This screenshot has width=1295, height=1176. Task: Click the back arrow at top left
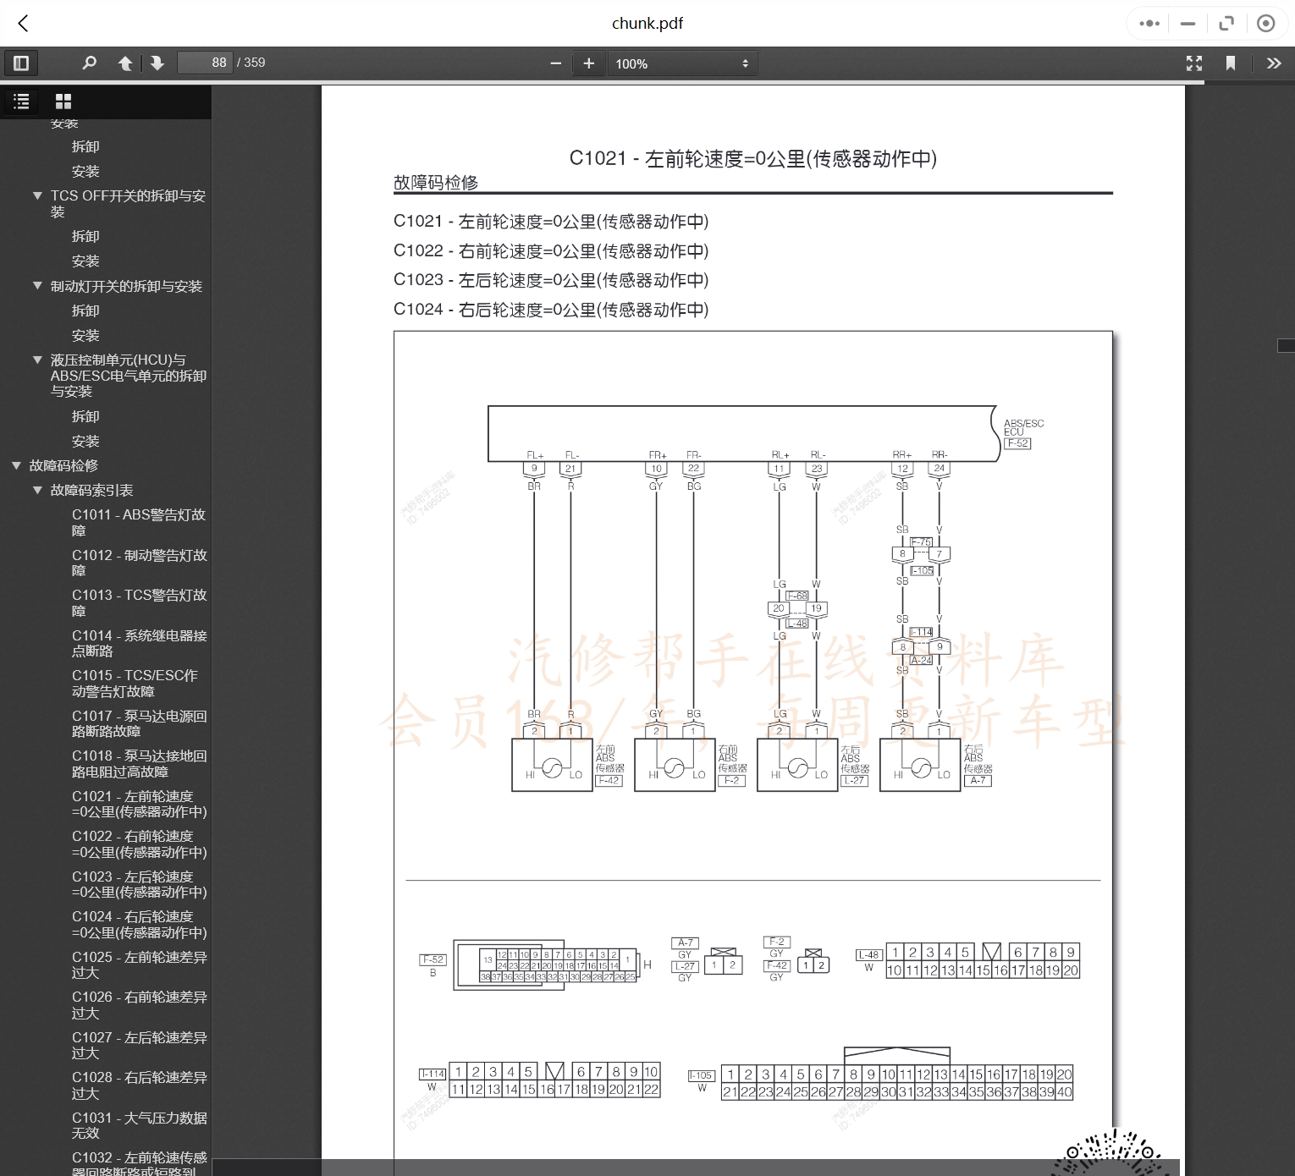coord(24,24)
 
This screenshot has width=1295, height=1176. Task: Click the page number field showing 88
coord(206,63)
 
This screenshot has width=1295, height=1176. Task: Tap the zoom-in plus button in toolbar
coord(589,63)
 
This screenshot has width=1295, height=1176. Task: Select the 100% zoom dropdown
coord(681,63)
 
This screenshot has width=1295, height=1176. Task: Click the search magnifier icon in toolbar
coord(89,63)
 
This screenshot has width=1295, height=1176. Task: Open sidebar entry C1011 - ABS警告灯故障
coord(138,522)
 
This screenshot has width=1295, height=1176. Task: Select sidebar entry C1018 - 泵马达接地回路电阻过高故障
coord(138,763)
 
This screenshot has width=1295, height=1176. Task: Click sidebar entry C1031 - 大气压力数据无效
coord(138,1125)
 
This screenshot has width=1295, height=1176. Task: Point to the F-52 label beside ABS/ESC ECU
coord(1017,443)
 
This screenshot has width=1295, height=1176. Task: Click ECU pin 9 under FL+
coord(534,469)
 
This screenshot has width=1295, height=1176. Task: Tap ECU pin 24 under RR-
coord(940,469)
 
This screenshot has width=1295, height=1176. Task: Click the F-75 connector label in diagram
coord(921,542)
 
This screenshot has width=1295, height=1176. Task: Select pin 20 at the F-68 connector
coord(779,608)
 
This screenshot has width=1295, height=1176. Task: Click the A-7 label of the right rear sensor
coord(978,781)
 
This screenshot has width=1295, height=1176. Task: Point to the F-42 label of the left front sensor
coord(609,781)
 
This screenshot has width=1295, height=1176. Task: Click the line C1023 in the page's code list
coord(550,280)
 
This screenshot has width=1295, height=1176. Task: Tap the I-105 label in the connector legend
coord(701,1075)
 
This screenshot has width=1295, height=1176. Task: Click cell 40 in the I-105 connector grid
coord(1064,1092)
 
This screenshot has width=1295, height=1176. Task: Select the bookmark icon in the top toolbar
coord(1231,63)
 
